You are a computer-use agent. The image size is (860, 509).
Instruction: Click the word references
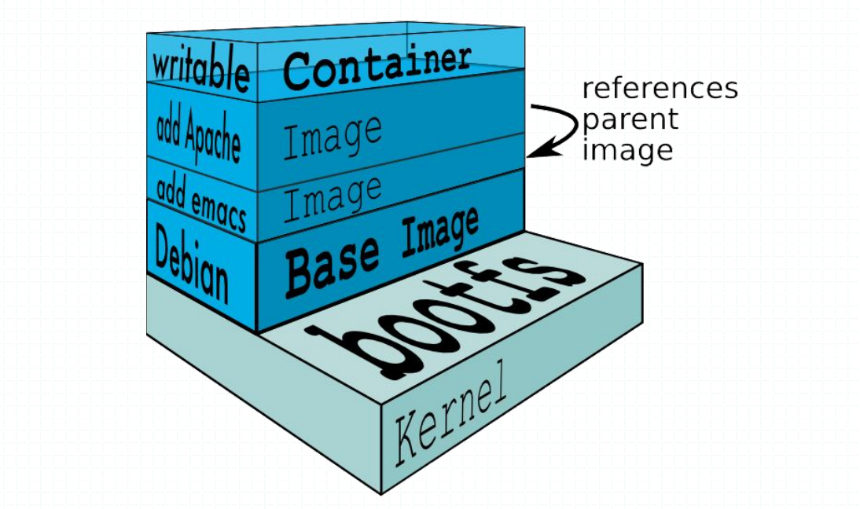[660, 88]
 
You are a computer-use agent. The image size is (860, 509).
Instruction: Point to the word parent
[629, 119]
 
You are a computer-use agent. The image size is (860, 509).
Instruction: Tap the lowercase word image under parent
[627, 149]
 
